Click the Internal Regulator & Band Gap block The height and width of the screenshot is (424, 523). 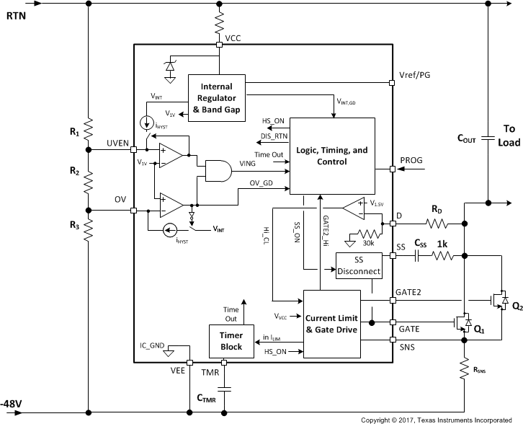pyautogui.click(x=216, y=98)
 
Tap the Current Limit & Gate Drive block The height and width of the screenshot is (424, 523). pyautogui.click(x=331, y=324)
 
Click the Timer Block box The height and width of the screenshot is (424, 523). pyautogui.click(x=232, y=342)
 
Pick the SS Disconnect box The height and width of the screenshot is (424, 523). pyautogui.click(x=358, y=267)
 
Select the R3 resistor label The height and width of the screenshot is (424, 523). pyautogui.click(x=75, y=224)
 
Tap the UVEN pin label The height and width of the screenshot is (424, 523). pyautogui.click(x=117, y=143)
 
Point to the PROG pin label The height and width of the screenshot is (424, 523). pyautogui.click(x=411, y=161)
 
